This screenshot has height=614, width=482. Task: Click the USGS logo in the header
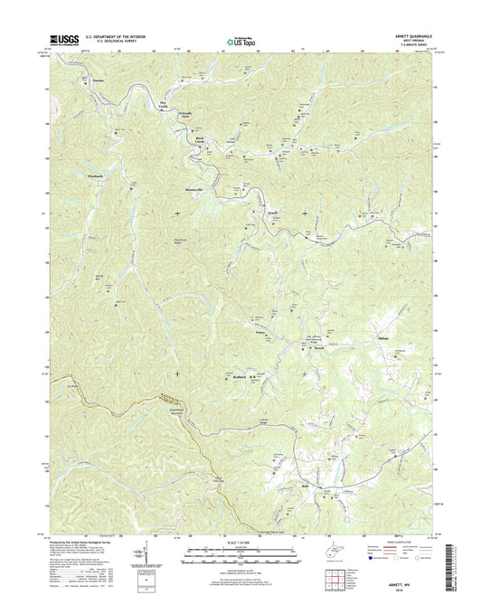(65, 40)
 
